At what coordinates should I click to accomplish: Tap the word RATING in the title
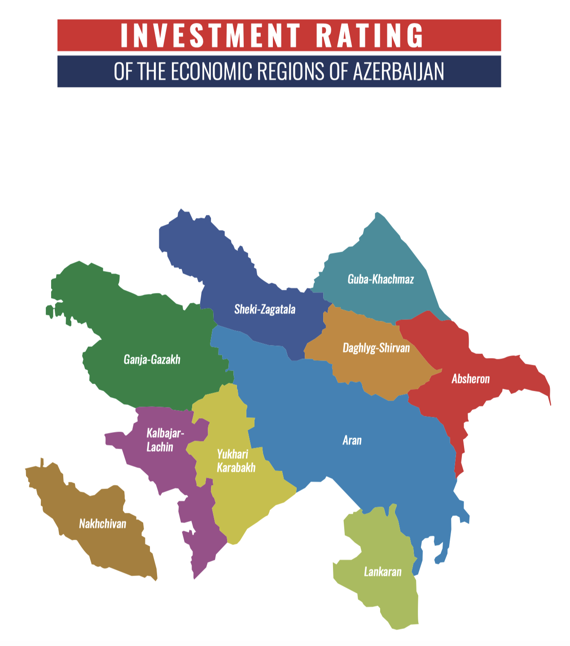coord(369,35)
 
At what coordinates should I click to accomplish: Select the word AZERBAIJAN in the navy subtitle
coord(398,71)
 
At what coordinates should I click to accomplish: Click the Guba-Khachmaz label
coord(381,279)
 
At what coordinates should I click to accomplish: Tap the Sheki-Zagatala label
coord(265,309)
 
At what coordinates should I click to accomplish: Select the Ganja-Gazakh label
coord(152,359)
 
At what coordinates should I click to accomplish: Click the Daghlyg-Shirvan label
coord(376,348)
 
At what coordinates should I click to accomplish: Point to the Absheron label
coord(470,379)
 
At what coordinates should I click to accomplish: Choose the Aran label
coord(352,440)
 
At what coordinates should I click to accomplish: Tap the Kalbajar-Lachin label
coord(164,440)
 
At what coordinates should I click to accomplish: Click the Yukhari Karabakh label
coord(236,461)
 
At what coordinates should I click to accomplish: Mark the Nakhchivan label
coord(102,524)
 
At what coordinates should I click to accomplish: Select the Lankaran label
coord(382,572)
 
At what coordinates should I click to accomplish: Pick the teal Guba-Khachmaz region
coord(381,256)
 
